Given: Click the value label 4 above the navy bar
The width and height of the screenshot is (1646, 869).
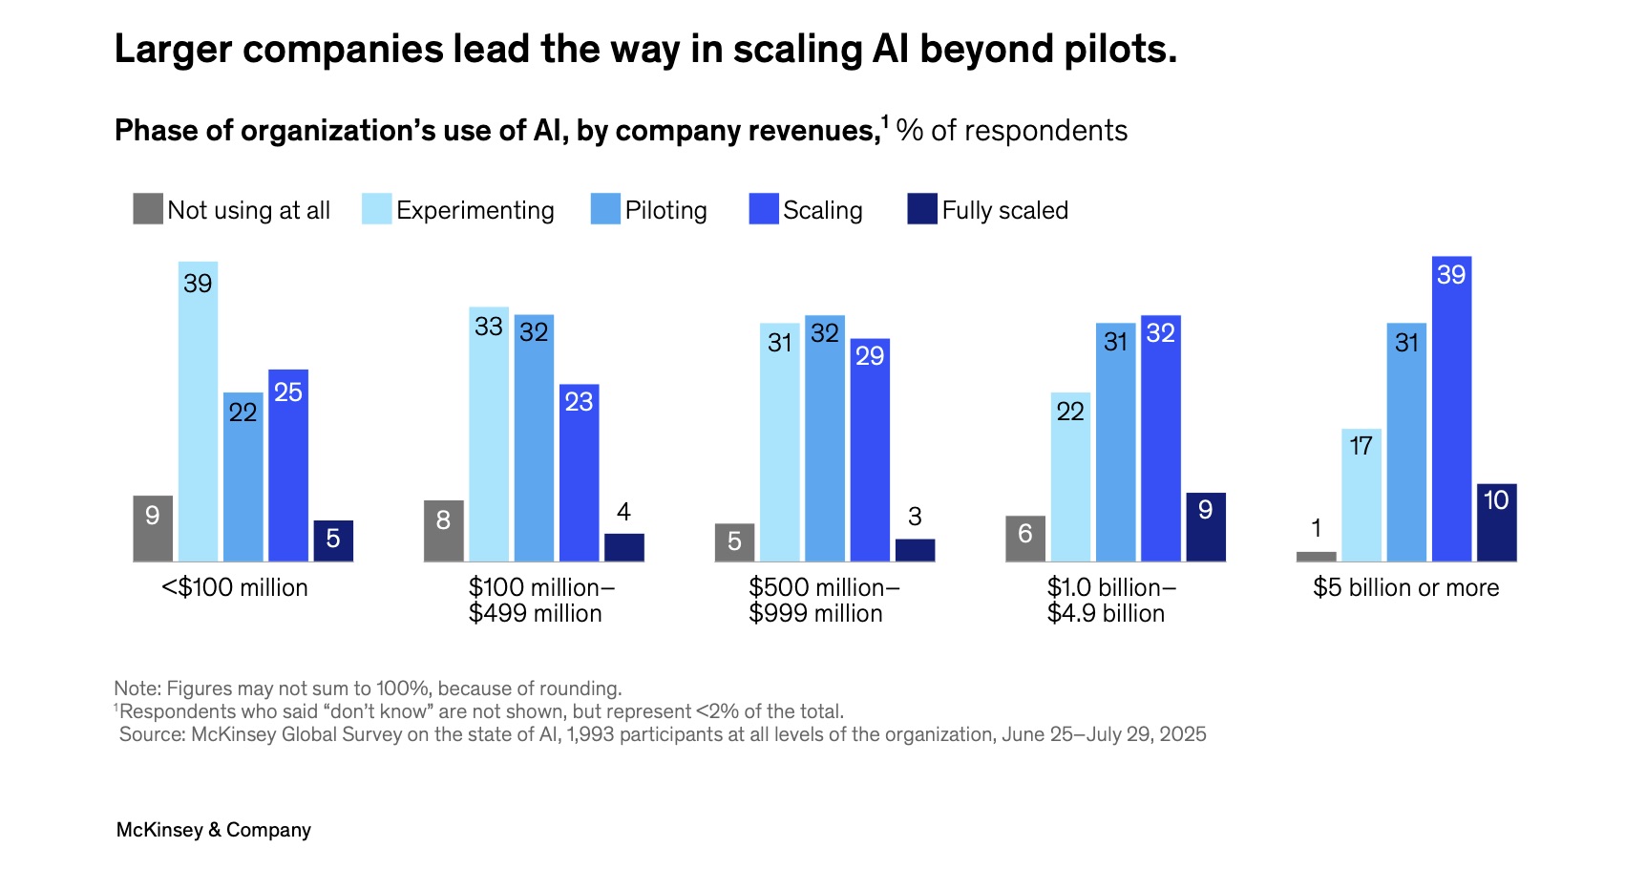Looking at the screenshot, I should [623, 512].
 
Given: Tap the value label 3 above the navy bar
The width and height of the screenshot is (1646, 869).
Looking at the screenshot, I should [915, 517].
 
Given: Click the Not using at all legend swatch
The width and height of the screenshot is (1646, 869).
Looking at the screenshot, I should [148, 209].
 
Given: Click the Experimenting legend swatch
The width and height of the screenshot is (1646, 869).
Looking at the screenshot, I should [376, 209].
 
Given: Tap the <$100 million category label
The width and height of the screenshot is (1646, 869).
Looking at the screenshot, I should [235, 587].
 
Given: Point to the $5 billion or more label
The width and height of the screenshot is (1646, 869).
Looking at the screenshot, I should [1405, 587].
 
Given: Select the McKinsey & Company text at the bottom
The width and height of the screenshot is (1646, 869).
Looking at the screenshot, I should [214, 830].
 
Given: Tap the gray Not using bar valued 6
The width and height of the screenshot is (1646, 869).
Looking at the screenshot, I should [1024, 539].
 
